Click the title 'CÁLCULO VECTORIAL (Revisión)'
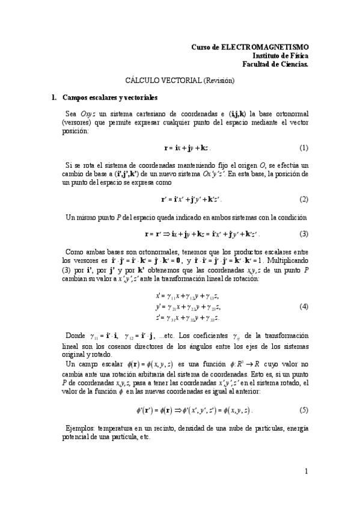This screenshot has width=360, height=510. point(180,79)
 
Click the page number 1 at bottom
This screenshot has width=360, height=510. point(306,472)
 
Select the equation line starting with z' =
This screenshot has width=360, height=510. point(187,317)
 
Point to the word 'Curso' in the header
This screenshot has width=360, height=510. point(201,46)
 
